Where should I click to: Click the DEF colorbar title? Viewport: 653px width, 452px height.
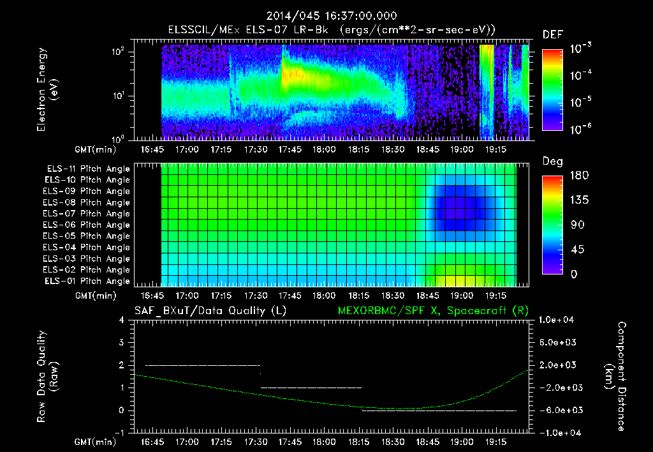point(552,34)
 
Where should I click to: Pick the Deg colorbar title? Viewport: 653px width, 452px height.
point(552,162)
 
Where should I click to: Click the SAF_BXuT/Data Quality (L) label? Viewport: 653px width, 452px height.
point(210,311)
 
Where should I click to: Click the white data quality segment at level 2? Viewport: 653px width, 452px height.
point(203,365)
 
